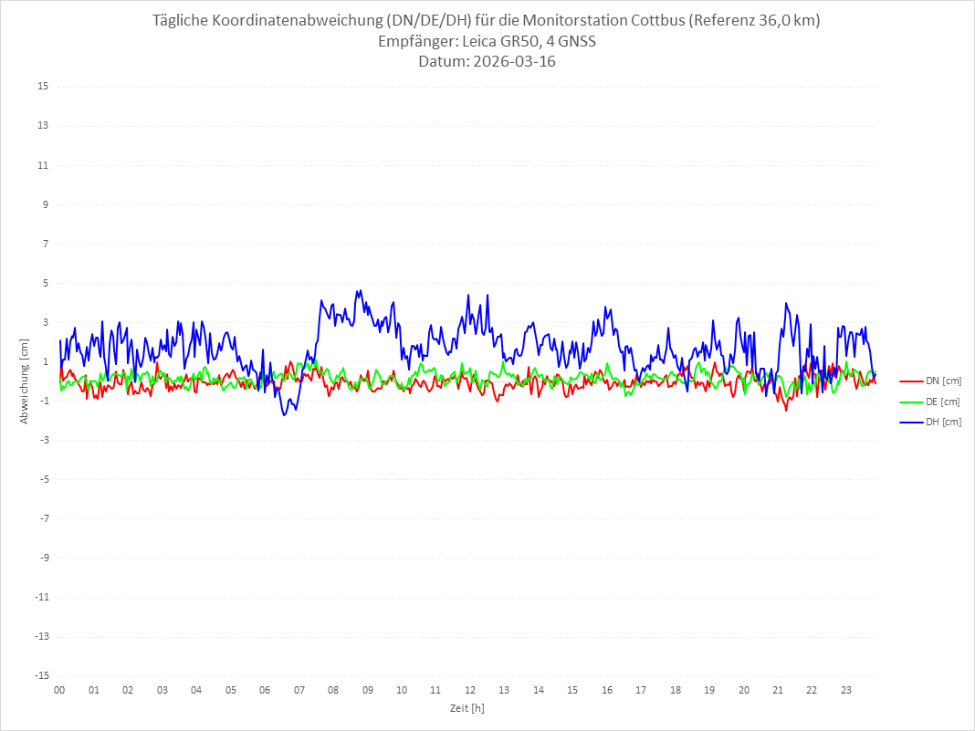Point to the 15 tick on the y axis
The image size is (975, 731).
[43, 87]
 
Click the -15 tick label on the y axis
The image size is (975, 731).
[41, 675]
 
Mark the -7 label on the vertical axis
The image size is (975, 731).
[43, 518]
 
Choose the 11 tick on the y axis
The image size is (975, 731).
[43, 165]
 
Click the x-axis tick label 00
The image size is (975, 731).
[59, 690]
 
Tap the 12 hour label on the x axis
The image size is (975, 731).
[470, 690]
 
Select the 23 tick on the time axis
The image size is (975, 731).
[846, 690]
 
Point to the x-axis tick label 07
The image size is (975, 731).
[299, 690]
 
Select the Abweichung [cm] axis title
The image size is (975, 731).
[25, 381]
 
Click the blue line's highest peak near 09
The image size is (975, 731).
[361, 291]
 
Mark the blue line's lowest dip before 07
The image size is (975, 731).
[285, 415]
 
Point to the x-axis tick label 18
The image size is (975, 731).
[676, 690]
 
